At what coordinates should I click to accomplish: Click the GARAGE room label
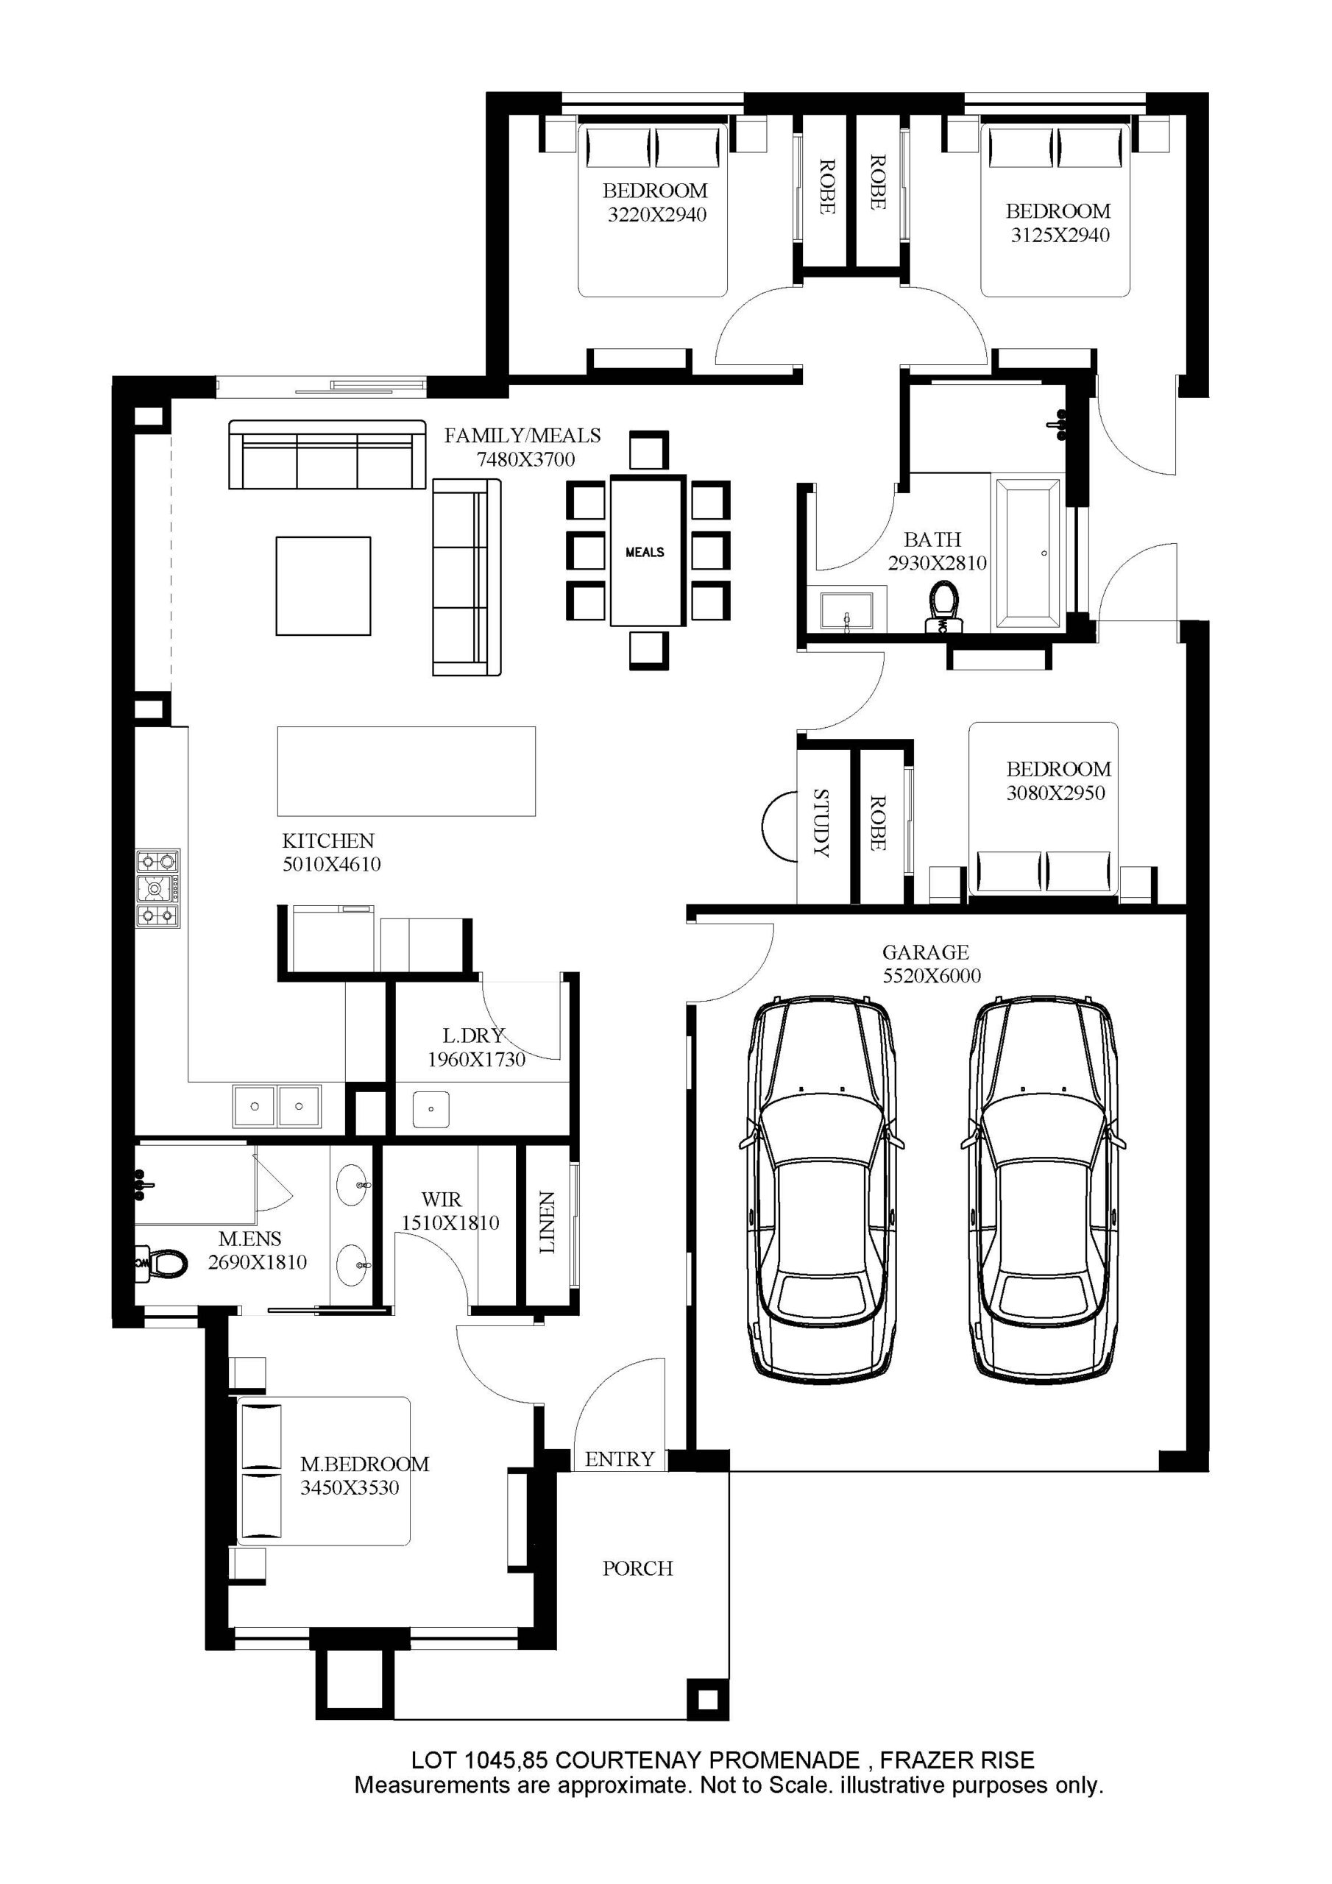click(925, 952)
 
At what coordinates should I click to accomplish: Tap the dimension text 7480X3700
click(526, 459)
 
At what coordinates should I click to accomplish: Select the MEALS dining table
click(646, 551)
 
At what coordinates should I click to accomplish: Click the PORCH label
click(638, 1568)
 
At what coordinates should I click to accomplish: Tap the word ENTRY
click(620, 1459)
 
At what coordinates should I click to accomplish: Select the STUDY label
click(821, 822)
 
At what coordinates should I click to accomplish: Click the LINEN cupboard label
click(548, 1222)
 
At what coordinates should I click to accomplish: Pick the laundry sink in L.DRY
click(431, 1108)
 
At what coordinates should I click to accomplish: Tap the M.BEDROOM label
click(364, 1464)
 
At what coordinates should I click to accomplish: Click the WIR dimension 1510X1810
click(450, 1222)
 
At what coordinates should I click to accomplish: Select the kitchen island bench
click(406, 771)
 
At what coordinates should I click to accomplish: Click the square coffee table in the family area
click(323, 586)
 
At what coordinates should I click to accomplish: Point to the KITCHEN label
click(328, 840)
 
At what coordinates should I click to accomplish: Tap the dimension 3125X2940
click(1060, 235)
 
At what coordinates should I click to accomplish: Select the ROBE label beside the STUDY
click(877, 822)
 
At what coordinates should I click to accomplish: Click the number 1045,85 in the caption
click(507, 1761)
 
